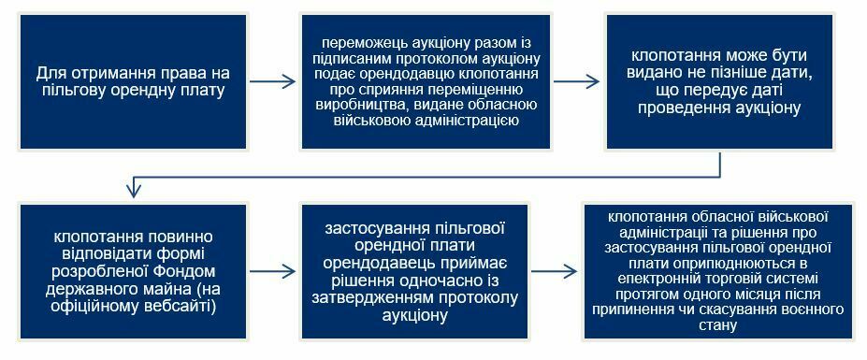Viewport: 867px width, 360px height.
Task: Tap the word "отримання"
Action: [x=98, y=73]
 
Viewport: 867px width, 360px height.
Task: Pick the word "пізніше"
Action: [x=738, y=73]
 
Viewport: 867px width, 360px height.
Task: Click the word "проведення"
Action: [x=674, y=108]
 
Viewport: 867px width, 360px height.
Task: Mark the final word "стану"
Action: [x=718, y=325]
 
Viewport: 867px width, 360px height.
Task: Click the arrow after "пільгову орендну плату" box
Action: [x=272, y=82]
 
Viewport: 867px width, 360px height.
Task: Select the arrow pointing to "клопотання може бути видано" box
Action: [x=577, y=82]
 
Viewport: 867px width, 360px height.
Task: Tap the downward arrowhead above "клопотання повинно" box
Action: [x=133, y=191]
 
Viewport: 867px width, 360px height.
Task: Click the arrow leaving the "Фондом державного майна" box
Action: [x=272, y=271]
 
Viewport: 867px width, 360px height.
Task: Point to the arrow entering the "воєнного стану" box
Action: [x=555, y=271]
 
